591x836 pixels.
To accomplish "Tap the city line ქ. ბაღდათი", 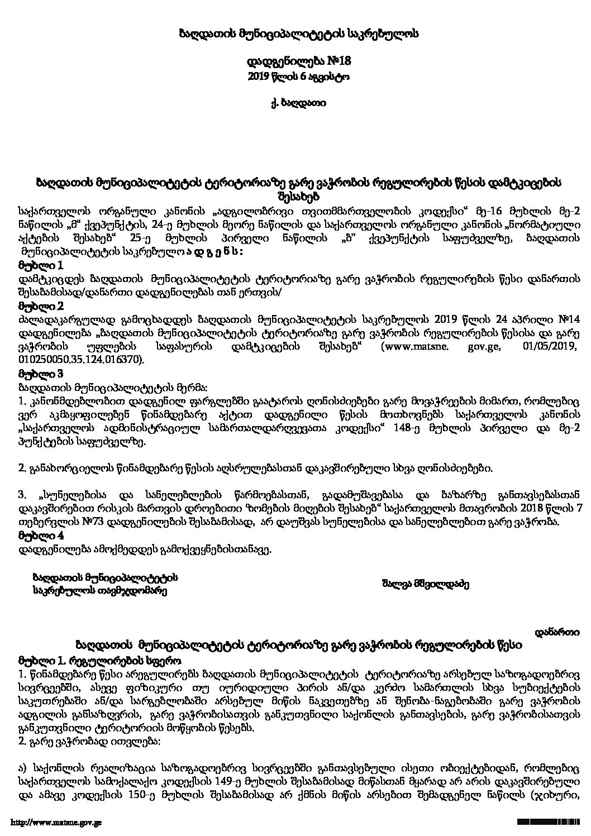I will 295,103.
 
